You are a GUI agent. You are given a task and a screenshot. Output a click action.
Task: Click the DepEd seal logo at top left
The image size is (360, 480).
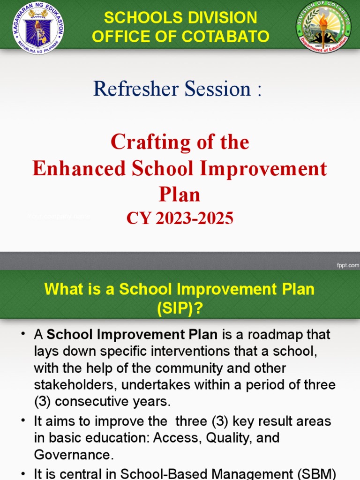click(x=38, y=28)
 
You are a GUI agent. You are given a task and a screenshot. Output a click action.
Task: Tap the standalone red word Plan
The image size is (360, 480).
click(x=180, y=195)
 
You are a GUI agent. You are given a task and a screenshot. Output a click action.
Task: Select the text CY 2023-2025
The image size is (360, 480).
click(x=180, y=218)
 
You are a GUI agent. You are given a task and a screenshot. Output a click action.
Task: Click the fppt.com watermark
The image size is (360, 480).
click(x=347, y=265)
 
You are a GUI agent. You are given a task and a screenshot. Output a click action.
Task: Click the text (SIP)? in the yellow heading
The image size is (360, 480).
click(x=180, y=308)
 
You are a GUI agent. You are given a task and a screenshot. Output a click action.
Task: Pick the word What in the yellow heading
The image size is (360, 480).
click(x=62, y=289)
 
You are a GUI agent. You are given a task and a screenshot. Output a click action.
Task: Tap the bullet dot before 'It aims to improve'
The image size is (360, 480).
click(x=22, y=421)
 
